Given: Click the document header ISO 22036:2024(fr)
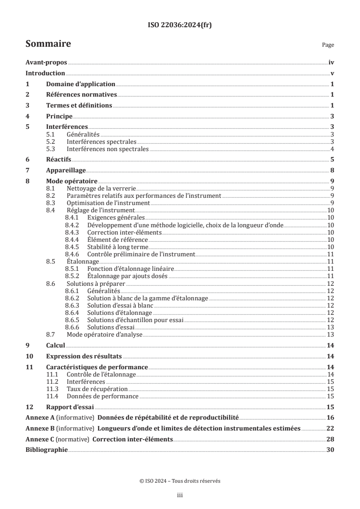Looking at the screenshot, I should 180,25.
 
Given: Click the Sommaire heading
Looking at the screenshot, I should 48,44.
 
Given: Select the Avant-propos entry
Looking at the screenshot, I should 46,63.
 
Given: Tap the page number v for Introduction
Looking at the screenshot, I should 332,73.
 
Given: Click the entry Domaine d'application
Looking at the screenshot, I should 80,84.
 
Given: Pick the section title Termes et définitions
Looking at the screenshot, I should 79,105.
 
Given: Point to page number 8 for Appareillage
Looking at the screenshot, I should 332,170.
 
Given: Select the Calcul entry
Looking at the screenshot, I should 56,345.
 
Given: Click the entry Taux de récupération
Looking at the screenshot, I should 97,389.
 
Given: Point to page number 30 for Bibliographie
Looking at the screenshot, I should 330,450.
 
